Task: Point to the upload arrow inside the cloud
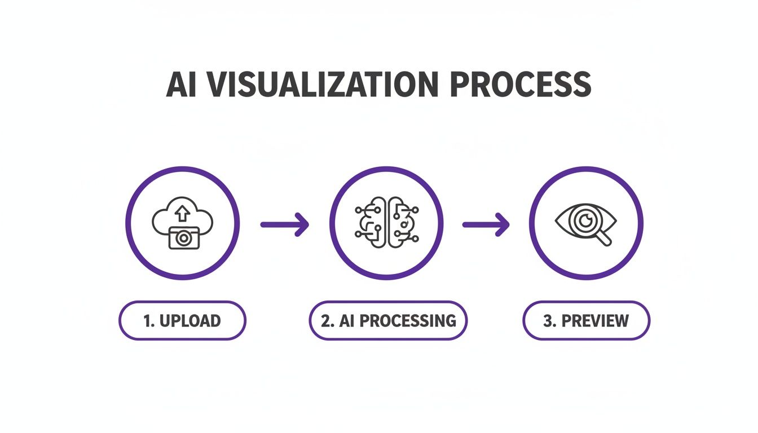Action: [x=182, y=213]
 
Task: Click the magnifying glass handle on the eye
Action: [x=604, y=239]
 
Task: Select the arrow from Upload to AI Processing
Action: [x=285, y=224]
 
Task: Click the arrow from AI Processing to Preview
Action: [x=486, y=224]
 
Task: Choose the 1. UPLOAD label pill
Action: [x=182, y=320]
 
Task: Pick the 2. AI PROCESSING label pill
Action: [x=388, y=320]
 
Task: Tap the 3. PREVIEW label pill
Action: [x=586, y=320]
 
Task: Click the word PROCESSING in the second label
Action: [x=408, y=321]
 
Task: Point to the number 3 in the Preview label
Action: [x=547, y=321]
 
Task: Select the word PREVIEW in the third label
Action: [x=595, y=321]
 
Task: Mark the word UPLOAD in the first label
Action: [x=190, y=321]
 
